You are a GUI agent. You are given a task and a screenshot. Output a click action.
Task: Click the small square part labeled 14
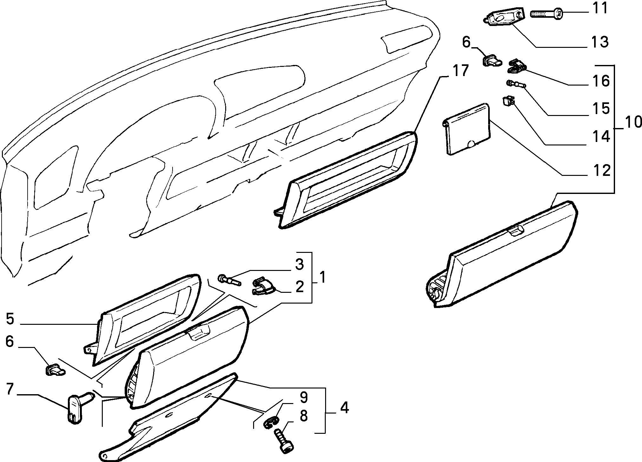[x=508, y=102]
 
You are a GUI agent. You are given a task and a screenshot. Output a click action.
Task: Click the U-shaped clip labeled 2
[x=263, y=286]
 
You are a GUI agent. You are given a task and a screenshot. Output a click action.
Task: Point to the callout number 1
[x=322, y=278]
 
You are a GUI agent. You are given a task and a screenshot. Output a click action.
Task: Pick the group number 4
[x=344, y=408]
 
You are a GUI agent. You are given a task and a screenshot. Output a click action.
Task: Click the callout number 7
[x=10, y=389]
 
